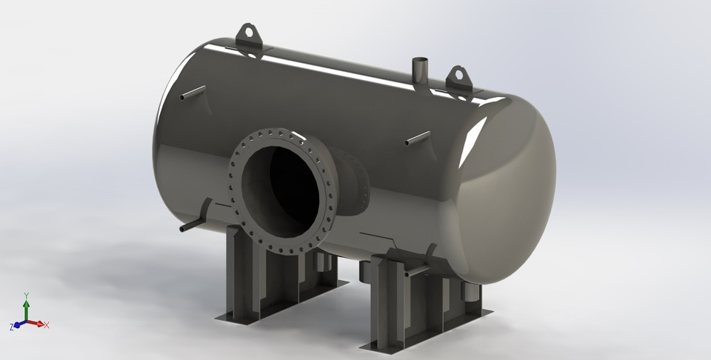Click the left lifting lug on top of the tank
(x=249, y=36)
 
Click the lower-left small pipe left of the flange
(x=195, y=221)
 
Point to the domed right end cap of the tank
(x=511, y=200)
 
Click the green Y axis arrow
(x=26, y=310)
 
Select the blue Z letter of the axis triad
(x=11, y=327)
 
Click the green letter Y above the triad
(x=26, y=295)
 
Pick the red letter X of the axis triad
(x=47, y=325)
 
